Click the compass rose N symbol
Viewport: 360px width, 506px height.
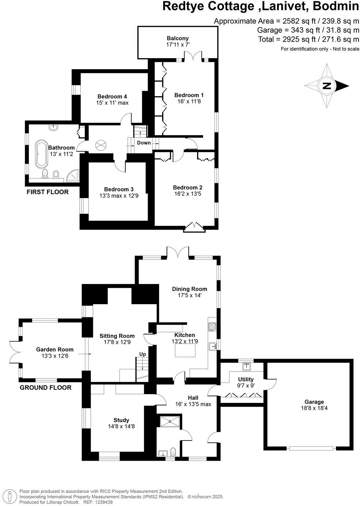(327, 86)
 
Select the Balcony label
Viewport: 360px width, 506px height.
(177, 38)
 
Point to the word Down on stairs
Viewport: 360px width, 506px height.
(144, 143)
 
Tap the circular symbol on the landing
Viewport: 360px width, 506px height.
(100, 145)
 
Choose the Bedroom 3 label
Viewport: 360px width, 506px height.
(119, 189)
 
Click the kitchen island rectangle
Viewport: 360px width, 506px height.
(185, 351)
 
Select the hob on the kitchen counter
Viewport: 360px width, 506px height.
(212, 326)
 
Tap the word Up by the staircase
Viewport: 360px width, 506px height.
(142, 354)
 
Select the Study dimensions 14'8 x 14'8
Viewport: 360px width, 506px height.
(121, 426)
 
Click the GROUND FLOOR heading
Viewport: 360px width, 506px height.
(45, 388)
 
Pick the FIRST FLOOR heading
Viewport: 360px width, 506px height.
(48, 192)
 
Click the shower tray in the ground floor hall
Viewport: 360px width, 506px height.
(170, 421)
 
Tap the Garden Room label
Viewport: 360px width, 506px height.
(55, 350)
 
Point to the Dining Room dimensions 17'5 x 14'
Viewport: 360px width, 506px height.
(190, 295)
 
